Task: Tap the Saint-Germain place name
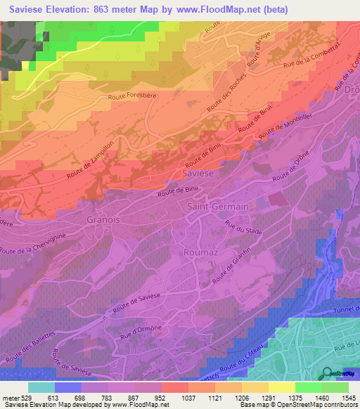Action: tap(218, 207)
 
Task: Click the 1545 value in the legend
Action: tap(348, 398)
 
